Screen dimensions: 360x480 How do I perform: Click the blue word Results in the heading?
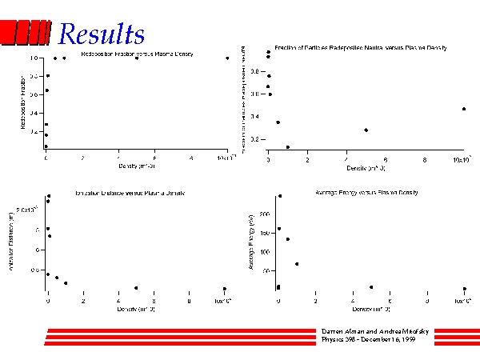click(x=102, y=34)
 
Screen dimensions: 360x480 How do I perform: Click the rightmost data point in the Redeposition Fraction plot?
click(x=227, y=58)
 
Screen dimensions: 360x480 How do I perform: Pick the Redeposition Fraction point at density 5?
click(x=137, y=58)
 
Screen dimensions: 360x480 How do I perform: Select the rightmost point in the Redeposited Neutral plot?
click(x=464, y=109)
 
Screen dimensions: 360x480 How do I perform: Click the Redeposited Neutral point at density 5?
click(x=366, y=130)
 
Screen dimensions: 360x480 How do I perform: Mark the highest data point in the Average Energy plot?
click(x=279, y=196)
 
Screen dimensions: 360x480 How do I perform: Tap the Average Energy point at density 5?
click(x=371, y=286)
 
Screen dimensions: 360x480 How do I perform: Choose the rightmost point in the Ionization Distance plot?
click(x=225, y=288)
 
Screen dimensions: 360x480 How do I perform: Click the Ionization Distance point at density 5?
click(x=136, y=287)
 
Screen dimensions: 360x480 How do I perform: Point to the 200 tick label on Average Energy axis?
click(x=266, y=214)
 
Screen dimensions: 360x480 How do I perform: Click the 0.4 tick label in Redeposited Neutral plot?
click(x=254, y=117)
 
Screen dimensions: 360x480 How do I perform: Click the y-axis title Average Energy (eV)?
click(x=251, y=248)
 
